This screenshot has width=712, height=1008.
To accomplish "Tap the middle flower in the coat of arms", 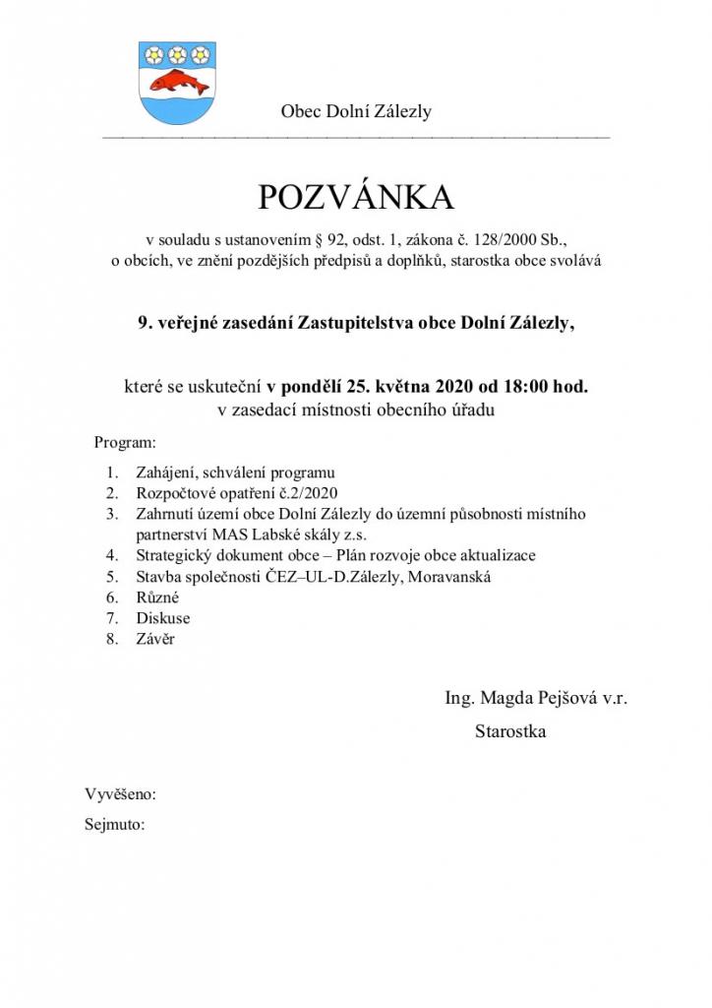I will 177,53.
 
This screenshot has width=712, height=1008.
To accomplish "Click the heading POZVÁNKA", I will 356,198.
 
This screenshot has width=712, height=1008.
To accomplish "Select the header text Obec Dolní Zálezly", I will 356,111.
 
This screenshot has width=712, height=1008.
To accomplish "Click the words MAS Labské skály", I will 266,535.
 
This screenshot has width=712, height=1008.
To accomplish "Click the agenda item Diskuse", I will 162,618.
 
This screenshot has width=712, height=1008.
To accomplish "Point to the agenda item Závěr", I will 155,639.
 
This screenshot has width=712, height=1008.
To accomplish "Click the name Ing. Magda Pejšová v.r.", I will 536,698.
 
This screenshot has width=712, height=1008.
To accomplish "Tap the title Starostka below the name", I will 510,731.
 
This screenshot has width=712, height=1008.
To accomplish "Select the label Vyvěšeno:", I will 121,794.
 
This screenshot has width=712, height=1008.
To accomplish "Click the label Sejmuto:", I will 115,824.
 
